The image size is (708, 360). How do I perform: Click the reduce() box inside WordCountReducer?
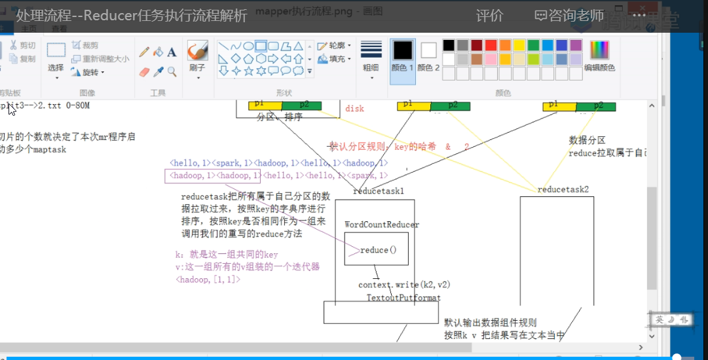coord(377,250)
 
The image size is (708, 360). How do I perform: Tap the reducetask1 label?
coord(379,191)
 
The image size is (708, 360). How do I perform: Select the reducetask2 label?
coord(563,190)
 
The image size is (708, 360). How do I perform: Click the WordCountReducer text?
coord(382,225)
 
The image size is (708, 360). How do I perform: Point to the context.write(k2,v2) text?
coord(404,285)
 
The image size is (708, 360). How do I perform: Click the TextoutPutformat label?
coord(403,298)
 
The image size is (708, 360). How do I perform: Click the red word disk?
coord(354,109)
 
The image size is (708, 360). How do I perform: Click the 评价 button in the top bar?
coord(489,16)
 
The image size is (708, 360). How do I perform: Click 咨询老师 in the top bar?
coord(570,16)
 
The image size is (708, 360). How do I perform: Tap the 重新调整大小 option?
coord(100,59)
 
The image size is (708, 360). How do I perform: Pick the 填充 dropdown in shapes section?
coord(334,59)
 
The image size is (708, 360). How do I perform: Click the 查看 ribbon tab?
coord(59,29)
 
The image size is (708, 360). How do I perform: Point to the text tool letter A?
coord(172,52)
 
